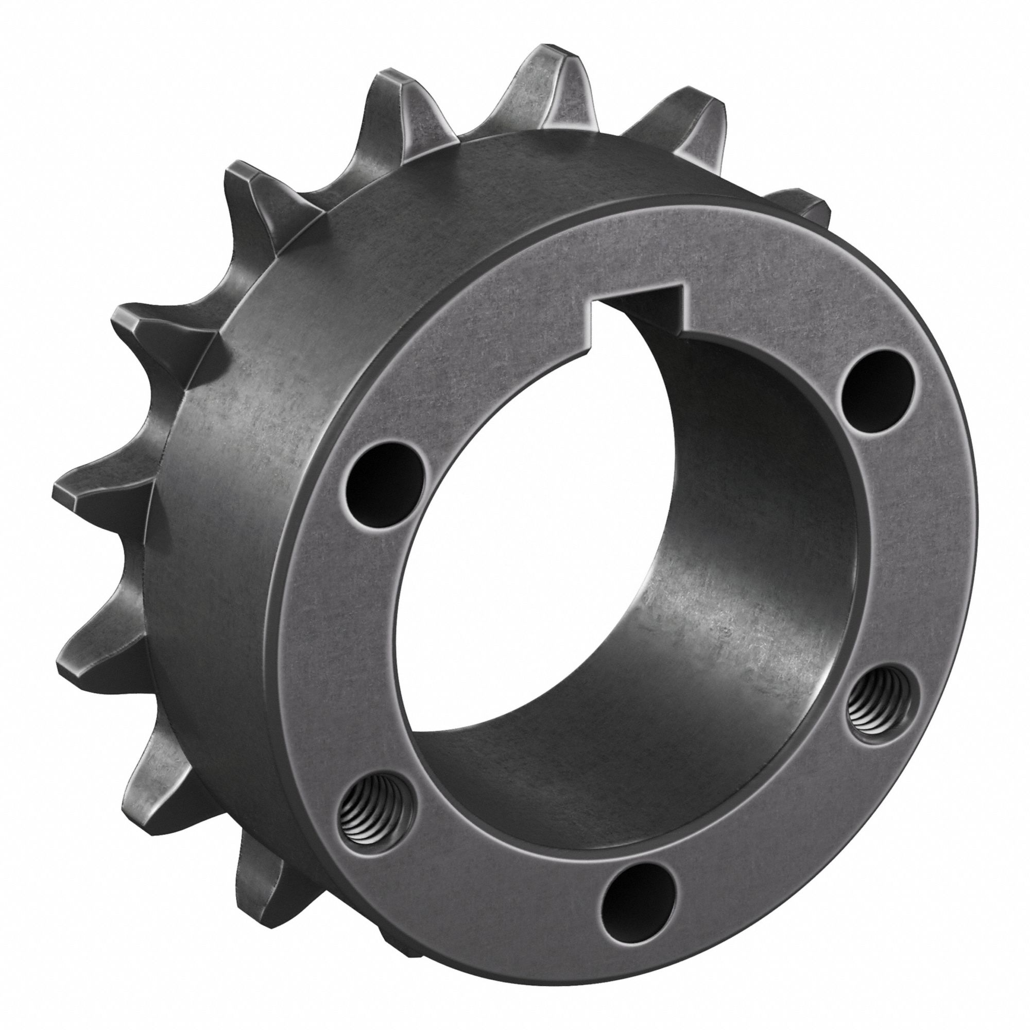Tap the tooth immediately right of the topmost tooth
coord(688,117)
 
